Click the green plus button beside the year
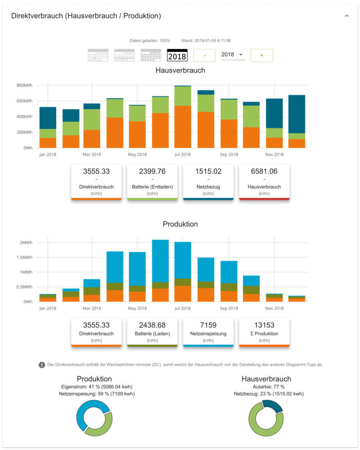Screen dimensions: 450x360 (x=261, y=55)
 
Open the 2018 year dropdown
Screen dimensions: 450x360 (x=233, y=54)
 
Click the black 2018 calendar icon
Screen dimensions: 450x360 (x=177, y=55)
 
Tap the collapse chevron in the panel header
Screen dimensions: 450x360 (x=346, y=16)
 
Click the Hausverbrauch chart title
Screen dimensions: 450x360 (x=180, y=71)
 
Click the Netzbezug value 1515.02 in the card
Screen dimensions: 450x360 (x=208, y=171)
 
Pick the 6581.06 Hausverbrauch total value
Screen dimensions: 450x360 (x=264, y=171)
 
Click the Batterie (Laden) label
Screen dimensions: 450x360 (x=153, y=333)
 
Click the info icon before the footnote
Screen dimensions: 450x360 (x=42, y=364)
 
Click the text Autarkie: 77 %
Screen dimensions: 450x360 (x=266, y=387)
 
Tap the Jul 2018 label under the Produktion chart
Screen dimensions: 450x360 (x=183, y=308)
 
